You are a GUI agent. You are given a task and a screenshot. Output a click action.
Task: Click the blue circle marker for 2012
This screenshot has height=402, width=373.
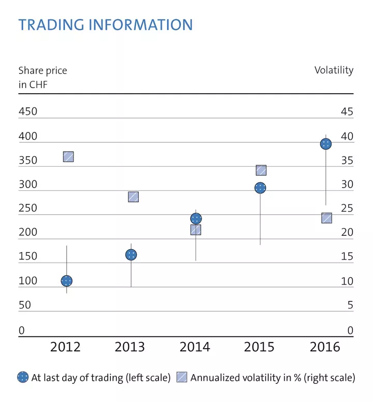point(66,281)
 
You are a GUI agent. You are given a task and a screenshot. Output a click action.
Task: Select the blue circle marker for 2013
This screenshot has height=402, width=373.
point(131,254)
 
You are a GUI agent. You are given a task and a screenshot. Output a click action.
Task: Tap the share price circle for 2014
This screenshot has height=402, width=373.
point(196,219)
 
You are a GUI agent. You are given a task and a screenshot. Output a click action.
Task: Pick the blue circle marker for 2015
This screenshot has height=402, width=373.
point(260,188)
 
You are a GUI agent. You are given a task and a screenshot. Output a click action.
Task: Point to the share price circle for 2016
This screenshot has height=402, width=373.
point(325,143)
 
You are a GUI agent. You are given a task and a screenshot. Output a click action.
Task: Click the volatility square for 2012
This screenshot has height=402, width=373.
point(68,156)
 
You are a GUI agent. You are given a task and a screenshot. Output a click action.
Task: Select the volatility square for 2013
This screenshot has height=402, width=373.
point(133,197)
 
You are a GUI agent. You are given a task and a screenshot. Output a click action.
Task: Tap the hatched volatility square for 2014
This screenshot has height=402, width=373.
point(196,229)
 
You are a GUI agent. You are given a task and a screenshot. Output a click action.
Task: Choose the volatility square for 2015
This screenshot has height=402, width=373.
point(261,170)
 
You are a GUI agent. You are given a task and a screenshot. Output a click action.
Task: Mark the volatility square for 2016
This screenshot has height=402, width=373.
point(326,218)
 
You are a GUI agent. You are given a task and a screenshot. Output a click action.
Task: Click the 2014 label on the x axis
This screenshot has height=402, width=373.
point(195,347)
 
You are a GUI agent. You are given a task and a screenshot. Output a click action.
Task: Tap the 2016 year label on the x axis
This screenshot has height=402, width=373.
point(325,347)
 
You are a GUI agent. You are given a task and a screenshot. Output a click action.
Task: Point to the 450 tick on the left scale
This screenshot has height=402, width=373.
point(28,112)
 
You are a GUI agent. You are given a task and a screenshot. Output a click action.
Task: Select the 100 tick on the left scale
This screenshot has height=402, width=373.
point(28,281)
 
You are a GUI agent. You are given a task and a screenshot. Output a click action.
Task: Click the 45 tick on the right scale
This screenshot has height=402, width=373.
point(347,112)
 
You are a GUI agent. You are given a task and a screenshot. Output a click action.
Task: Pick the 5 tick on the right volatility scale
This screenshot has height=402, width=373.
point(350,305)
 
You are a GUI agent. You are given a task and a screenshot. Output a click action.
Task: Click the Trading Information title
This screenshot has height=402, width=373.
point(105,24)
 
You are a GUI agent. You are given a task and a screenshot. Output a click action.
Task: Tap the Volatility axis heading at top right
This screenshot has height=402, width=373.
point(334,70)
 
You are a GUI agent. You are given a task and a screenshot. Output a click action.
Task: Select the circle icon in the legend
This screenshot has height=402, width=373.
point(23,378)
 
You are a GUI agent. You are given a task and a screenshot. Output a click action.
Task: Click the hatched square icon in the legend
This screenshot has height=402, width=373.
point(182,378)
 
